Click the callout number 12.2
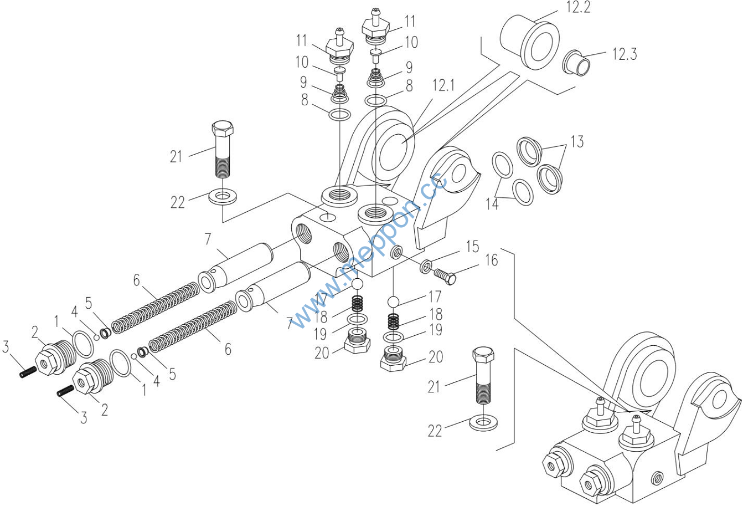tap(578, 7)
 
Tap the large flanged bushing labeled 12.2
tap(530, 41)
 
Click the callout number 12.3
tap(625, 54)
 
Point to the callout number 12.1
tap(443, 85)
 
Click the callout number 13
tap(577, 142)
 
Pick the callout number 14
tap(492, 203)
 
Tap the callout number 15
tap(472, 247)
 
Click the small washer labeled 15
tap(426, 267)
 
